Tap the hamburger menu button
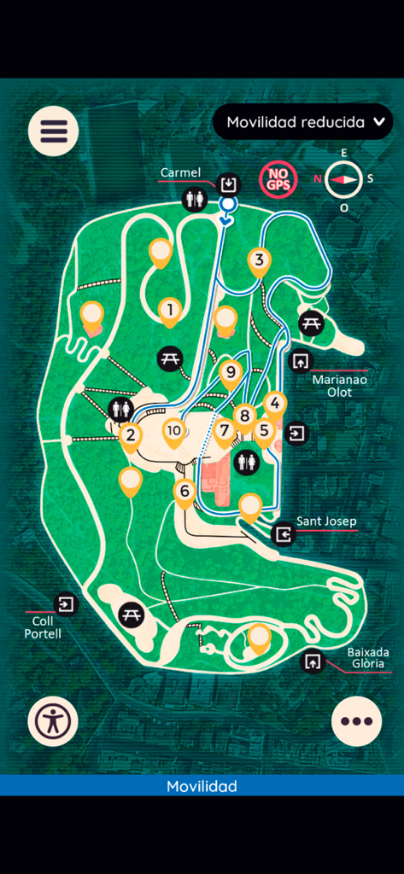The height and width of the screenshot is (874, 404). coord(54,131)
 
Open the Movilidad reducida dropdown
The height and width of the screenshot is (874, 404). coord(303,122)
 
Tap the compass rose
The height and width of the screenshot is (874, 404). coord(345,179)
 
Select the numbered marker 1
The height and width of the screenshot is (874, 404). coord(170,309)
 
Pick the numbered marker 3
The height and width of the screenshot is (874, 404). coord(260,259)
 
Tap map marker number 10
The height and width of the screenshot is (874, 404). coord(174,430)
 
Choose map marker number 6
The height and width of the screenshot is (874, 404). coord(184,492)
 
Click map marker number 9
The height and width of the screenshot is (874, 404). coord(229,372)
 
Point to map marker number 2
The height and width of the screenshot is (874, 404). coord(130,435)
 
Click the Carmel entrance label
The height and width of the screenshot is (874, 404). coord(180,172)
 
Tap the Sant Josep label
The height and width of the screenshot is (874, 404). coord(325,521)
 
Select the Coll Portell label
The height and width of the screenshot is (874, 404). coord(43,627)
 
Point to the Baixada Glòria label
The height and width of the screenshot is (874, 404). coord(366,657)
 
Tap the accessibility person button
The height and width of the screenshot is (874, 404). coord(53,721)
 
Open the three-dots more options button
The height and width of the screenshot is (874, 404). coord(356,721)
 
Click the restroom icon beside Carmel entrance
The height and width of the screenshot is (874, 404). coord(196,199)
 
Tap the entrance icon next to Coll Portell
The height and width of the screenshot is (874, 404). coord(66,604)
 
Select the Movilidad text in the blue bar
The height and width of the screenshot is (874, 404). coord(202,786)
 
